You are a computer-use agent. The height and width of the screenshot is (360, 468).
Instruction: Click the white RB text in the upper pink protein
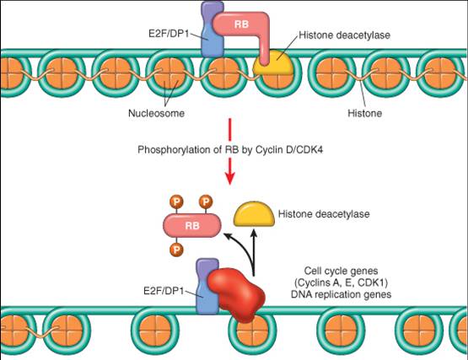[x=241, y=24]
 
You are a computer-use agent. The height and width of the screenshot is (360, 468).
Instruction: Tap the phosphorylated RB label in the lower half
[x=192, y=226]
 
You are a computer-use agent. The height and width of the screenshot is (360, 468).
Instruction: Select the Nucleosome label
[x=156, y=113]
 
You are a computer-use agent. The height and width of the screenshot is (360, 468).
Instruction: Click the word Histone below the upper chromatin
[x=365, y=113]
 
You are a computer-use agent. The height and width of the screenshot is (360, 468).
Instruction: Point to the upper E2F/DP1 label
[x=169, y=34]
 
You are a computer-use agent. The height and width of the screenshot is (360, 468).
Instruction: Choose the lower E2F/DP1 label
[x=164, y=291]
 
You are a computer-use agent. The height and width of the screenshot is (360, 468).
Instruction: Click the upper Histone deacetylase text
[x=344, y=35]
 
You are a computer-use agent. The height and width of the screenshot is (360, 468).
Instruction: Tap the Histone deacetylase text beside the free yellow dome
[x=324, y=214]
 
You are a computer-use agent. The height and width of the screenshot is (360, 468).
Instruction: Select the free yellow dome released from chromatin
[x=254, y=214]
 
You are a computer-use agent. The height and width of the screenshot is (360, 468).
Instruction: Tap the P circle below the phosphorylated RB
[x=176, y=250]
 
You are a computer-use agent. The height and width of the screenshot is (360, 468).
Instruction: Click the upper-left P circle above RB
[x=176, y=202]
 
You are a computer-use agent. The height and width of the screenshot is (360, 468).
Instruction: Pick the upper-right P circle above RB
[x=206, y=201]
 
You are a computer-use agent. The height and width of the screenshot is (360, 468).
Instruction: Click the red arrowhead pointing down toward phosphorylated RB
[x=230, y=179]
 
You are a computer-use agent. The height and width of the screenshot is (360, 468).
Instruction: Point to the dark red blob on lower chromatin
[x=236, y=294]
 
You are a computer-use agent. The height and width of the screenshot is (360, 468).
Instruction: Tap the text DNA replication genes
[x=342, y=294]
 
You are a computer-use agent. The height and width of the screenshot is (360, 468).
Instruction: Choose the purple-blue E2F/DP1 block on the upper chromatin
[x=212, y=30]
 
